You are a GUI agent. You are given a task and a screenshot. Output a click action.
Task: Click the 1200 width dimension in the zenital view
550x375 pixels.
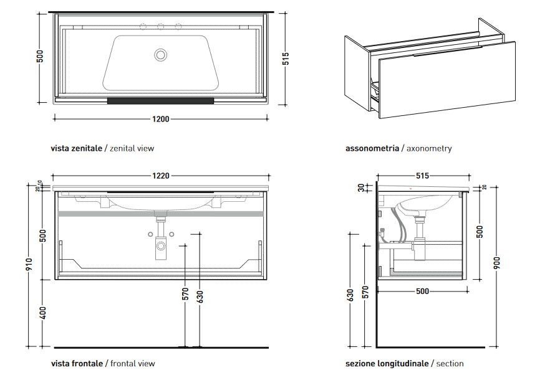coord(161,118)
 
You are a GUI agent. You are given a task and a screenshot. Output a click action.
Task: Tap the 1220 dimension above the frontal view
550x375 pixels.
coord(161,176)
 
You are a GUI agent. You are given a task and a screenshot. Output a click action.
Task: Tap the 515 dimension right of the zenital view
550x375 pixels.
coord(286,59)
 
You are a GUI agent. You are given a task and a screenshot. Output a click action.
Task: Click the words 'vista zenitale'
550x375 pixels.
coord(76,149)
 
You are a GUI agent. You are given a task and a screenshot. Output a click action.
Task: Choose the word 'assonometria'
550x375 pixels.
coord(372,149)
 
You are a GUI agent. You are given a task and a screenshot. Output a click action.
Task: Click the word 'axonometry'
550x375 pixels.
coord(428,149)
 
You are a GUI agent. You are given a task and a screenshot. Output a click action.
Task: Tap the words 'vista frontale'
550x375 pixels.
coord(76,363)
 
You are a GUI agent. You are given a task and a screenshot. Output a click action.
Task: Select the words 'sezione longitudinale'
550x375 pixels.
coord(387,363)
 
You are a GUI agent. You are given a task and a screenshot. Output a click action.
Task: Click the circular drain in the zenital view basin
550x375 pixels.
coord(161,55)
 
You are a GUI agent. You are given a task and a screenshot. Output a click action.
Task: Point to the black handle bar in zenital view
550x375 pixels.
coord(161,100)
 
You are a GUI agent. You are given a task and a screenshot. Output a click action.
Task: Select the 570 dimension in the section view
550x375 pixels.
coord(366,292)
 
